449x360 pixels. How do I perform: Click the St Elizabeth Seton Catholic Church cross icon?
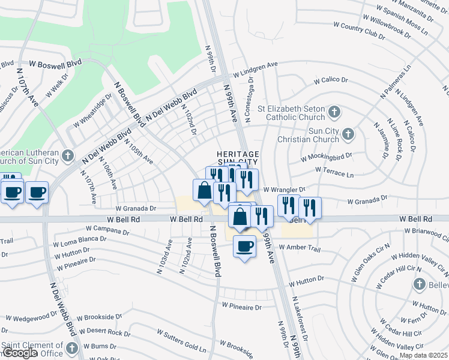[335, 112]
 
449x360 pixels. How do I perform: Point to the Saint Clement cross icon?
[71, 348]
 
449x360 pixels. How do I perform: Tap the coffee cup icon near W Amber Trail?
[244, 246]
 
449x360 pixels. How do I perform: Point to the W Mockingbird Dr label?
[326, 157]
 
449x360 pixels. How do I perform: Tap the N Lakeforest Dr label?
[300, 318]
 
